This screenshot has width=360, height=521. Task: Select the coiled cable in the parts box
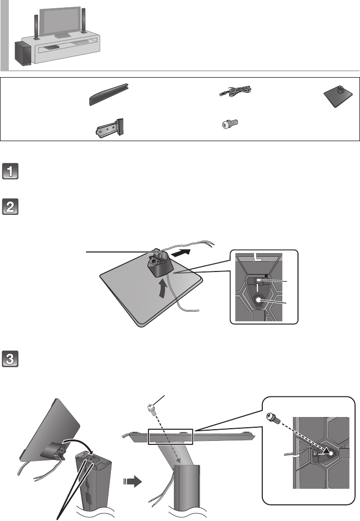click(234, 90)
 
